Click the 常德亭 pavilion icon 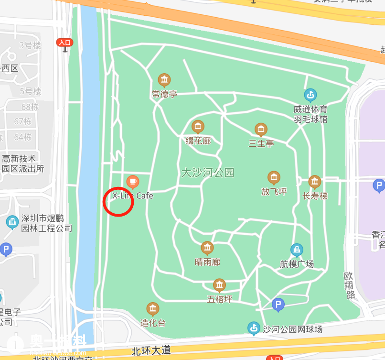164,80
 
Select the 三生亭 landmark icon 261,129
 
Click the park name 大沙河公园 208,173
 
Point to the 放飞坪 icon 274,178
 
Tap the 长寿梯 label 315,196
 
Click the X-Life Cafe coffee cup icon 133,182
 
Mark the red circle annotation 118,201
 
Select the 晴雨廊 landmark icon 207,248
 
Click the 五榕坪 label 219,299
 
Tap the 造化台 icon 153,309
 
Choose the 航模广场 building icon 297,250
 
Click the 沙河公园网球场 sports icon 253,328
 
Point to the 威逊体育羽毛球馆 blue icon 310,95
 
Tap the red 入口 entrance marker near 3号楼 64,43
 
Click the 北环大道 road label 151,350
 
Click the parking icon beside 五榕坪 278,304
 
